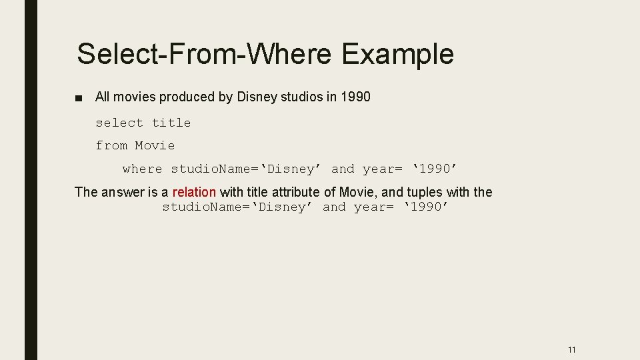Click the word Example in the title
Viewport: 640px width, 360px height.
pyautogui.click(x=397, y=54)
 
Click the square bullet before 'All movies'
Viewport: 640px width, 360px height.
pyautogui.click(x=79, y=98)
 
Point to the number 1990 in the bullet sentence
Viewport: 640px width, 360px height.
pyautogui.click(x=355, y=97)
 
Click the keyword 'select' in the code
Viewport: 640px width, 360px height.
pyautogui.click(x=119, y=123)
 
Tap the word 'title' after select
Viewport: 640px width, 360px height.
pyautogui.click(x=171, y=123)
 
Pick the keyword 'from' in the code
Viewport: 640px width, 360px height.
pyautogui.click(x=111, y=145)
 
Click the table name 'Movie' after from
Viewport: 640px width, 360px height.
pyautogui.click(x=155, y=145)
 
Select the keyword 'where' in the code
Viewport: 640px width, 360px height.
pyautogui.click(x=142, y=169)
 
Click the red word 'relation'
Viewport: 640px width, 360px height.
pyautogui.click(x=194, y=192)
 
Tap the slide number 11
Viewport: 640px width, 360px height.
pyautogui.click(x=571, y=349)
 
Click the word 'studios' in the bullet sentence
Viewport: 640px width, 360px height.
pyautogui.click(x=301, y=97)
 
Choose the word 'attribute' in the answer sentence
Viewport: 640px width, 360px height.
pyautogui.click(x=296, y=192)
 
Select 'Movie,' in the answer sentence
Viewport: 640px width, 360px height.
pyautogui.click(x=360, y=192)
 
